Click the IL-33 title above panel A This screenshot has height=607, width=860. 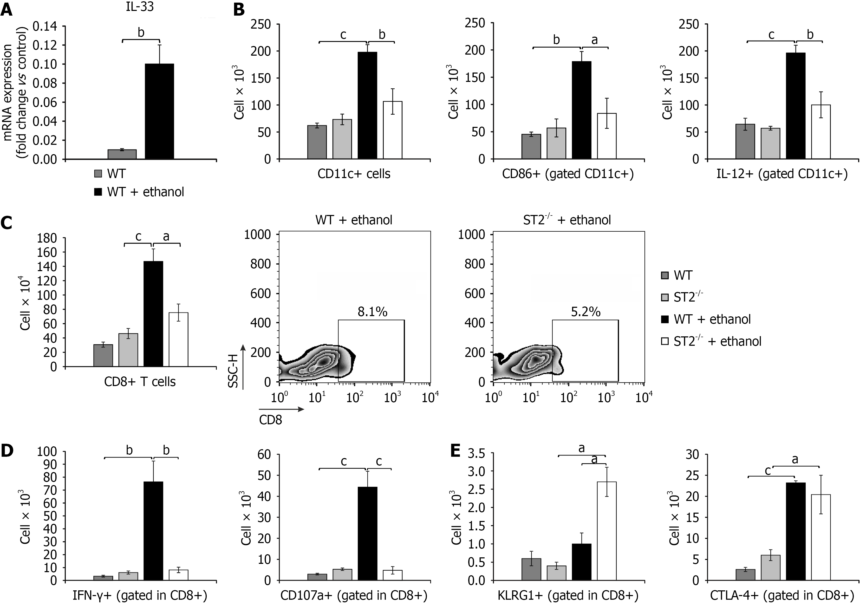[139, 7]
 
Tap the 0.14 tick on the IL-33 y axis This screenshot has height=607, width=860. [44, 26]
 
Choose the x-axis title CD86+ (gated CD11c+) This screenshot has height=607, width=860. [568, 174]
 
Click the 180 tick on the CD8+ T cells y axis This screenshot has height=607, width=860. [48, 238]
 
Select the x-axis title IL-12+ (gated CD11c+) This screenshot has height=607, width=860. [782, 174]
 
